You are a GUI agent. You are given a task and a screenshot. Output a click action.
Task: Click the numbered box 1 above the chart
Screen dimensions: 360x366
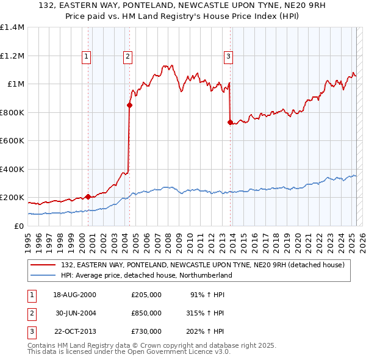87,57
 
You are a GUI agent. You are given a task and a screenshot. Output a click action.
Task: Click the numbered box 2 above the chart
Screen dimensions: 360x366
128,57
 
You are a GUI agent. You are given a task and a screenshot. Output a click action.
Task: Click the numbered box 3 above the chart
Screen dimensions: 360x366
229,57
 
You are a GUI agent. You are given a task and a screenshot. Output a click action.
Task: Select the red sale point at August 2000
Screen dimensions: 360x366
88,196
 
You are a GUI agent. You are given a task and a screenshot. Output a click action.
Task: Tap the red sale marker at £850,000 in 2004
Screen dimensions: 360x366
129,105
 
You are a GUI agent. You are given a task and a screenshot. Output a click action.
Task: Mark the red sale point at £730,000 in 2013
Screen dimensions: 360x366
230,122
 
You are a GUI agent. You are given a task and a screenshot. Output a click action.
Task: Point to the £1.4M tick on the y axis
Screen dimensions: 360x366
12,27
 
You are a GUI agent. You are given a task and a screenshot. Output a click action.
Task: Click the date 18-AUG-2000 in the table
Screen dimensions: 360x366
75,295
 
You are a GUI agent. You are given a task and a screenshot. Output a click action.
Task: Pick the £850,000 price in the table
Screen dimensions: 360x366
146,313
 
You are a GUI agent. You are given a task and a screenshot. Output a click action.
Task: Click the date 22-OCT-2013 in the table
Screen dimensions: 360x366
75,331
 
